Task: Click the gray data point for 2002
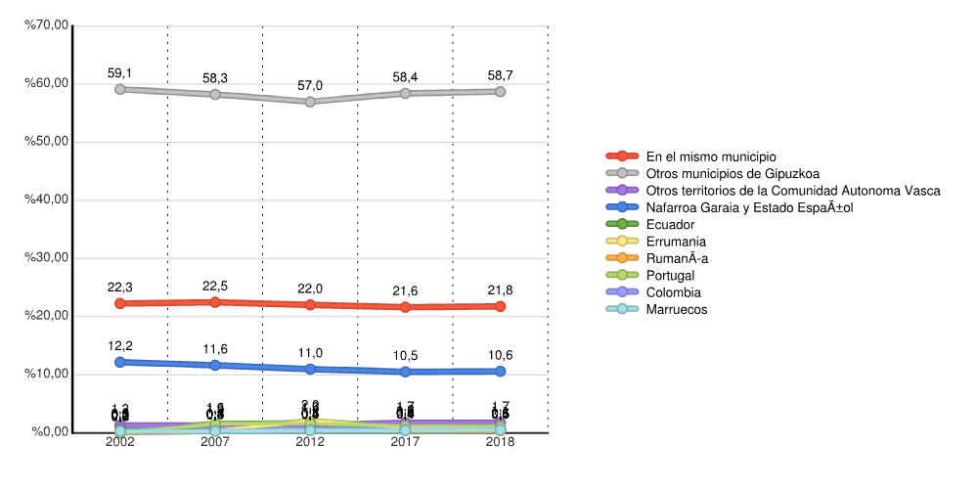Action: pos(120,89)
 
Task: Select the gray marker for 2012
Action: pos(310,102)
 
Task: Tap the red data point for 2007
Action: pos(215,302)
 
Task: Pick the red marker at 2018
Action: pos(500,306)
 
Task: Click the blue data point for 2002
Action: pos(120,362)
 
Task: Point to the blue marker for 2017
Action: pos(405,372)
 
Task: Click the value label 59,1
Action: pos(120,73)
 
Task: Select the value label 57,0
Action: pos(310,86)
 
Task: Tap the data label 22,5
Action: pos(215,287)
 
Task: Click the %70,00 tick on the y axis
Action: pos(48,25)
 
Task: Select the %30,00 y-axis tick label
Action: pos(48,258)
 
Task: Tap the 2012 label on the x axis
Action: pos(310,443)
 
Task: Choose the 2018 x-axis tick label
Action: pos(500,443)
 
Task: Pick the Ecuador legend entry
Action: pos(670,225)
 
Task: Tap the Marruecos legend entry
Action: pos(676,310)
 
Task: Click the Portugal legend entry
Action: pos(671,276)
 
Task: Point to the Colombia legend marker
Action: pos(622,292)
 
